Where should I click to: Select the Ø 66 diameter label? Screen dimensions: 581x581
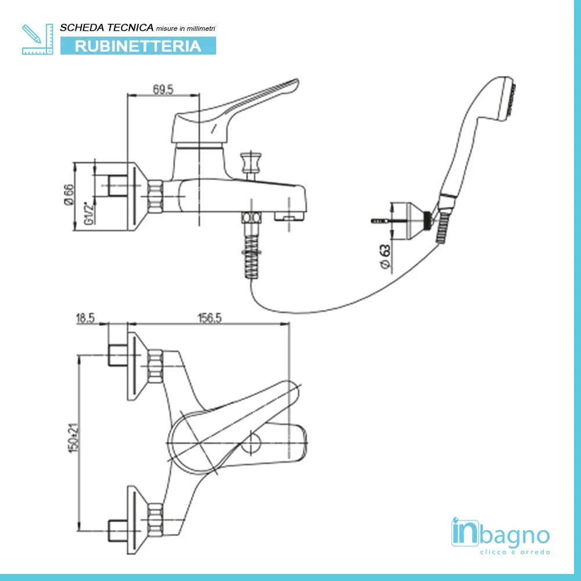click(x=68, y=193)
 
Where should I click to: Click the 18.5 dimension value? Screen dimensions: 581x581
click(x=85, y=318)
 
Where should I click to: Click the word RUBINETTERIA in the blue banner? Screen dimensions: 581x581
click(x=138, y=46)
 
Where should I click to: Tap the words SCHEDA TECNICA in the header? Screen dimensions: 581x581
click(x=107, y=28)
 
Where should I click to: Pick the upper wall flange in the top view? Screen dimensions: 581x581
click(x=135, y=365)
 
